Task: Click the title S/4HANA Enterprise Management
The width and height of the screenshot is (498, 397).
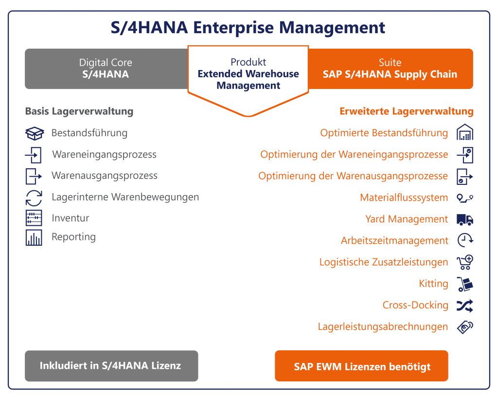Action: [249, 27]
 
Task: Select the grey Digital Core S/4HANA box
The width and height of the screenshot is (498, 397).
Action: [106, 69]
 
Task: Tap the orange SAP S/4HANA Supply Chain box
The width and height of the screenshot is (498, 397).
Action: [390, 69]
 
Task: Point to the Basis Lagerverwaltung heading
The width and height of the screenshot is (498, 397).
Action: [79, 111]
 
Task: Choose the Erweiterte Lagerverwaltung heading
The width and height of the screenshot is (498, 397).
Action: [406, 111]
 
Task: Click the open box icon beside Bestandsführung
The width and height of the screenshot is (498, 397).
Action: [34, 133]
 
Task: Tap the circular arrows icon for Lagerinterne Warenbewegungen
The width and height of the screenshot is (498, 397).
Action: [34, 198]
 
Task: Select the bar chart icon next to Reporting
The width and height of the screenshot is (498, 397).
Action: [34, 237]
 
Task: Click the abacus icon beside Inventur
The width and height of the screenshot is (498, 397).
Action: [34, 218]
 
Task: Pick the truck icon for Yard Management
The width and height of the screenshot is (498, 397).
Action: [465, 219]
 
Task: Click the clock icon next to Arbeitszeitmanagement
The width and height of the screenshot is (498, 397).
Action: [465, 240]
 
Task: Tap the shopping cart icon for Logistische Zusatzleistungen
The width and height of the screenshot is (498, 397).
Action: [465, 262]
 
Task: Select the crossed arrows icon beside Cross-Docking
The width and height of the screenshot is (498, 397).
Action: [465, 306]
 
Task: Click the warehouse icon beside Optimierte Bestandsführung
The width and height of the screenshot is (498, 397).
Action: [465, 133]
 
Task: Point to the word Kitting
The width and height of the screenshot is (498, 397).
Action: [433, 284]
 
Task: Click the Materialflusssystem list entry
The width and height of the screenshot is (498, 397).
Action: [404, 198]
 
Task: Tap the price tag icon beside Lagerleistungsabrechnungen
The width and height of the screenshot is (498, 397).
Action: [465, 327]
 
